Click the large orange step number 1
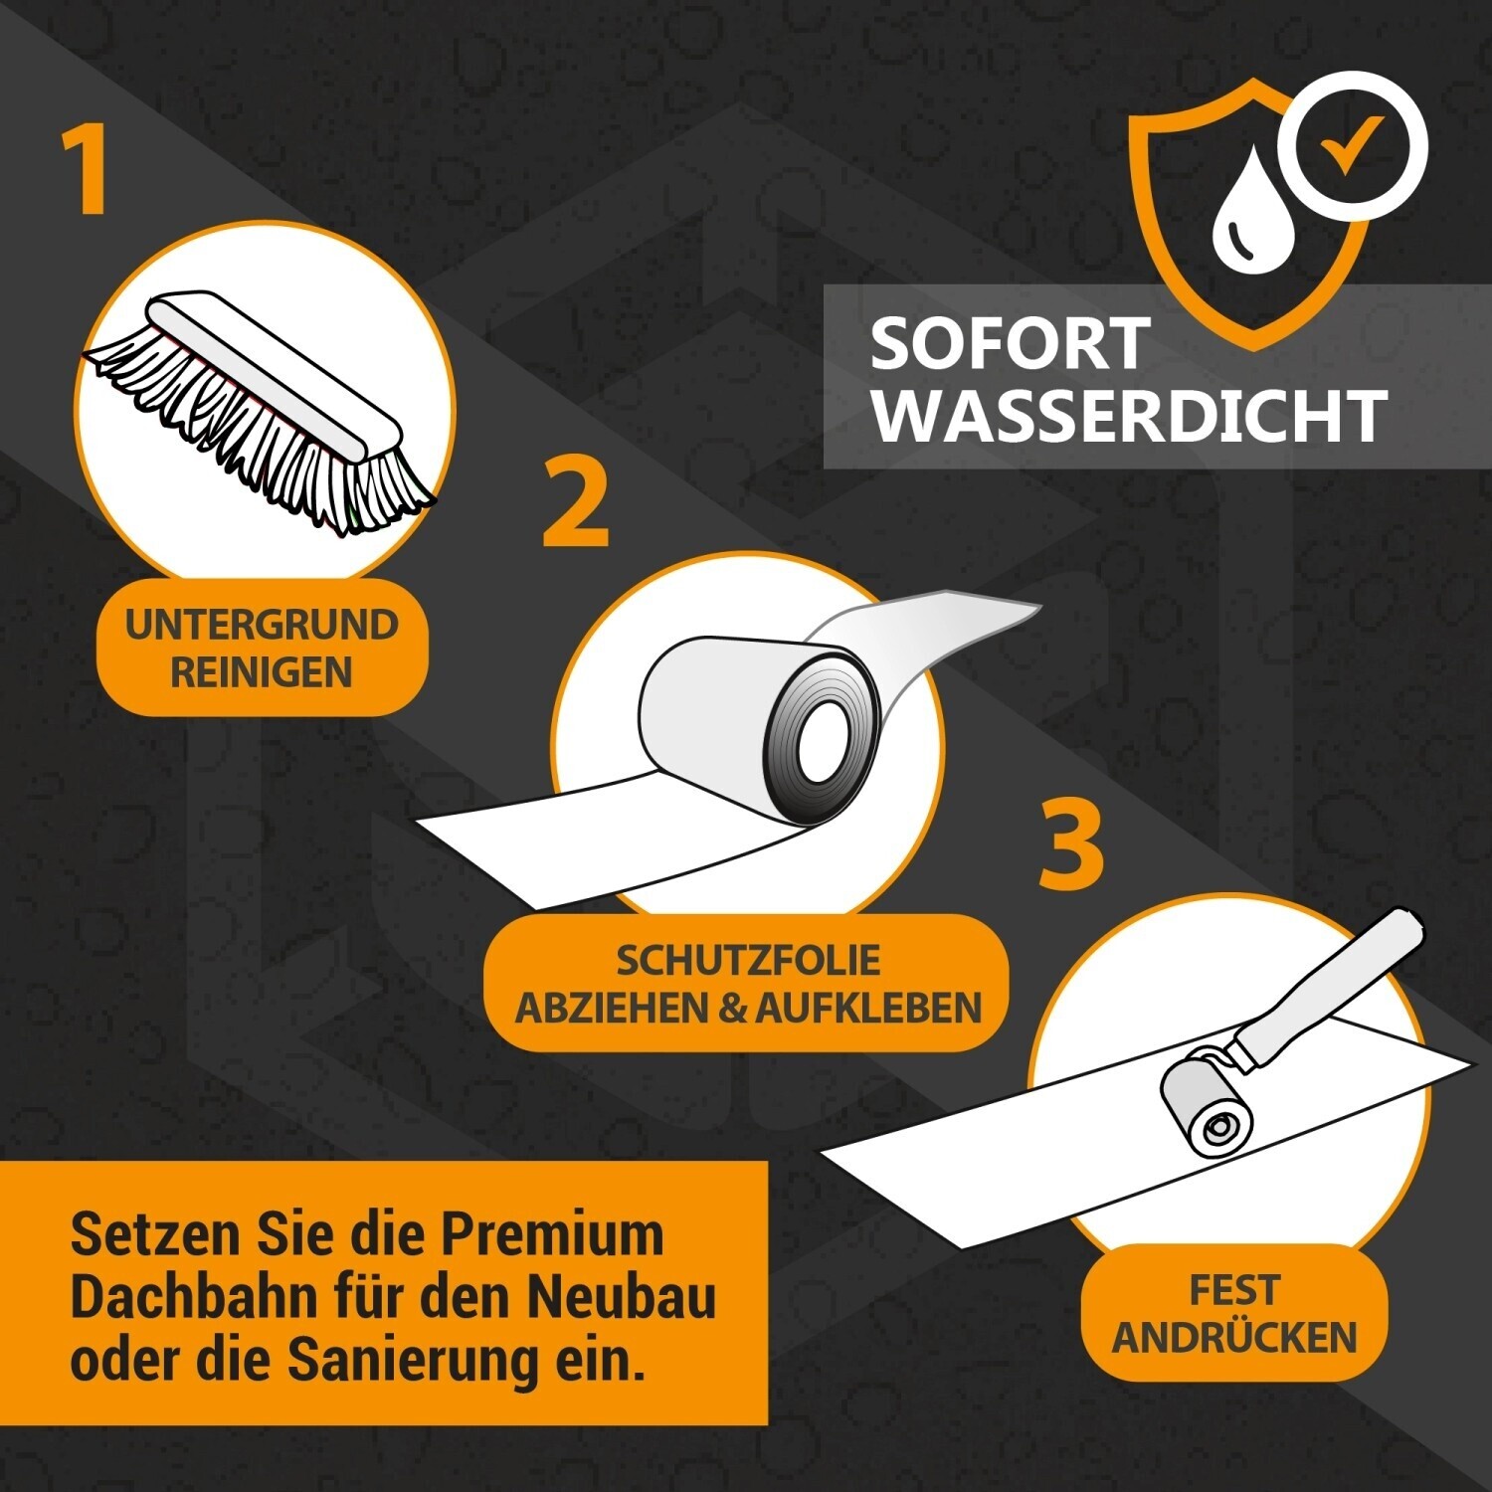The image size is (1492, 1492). [88, 169]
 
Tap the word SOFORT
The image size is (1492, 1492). [1011, 344]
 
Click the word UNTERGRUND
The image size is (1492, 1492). [262, 625]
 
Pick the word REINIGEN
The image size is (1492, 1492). [262, 672]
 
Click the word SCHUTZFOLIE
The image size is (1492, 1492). [748, 960]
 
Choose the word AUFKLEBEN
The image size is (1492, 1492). [867, 1009]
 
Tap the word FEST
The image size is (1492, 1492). [1233, 1290]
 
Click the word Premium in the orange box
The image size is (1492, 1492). [552, 1235]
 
